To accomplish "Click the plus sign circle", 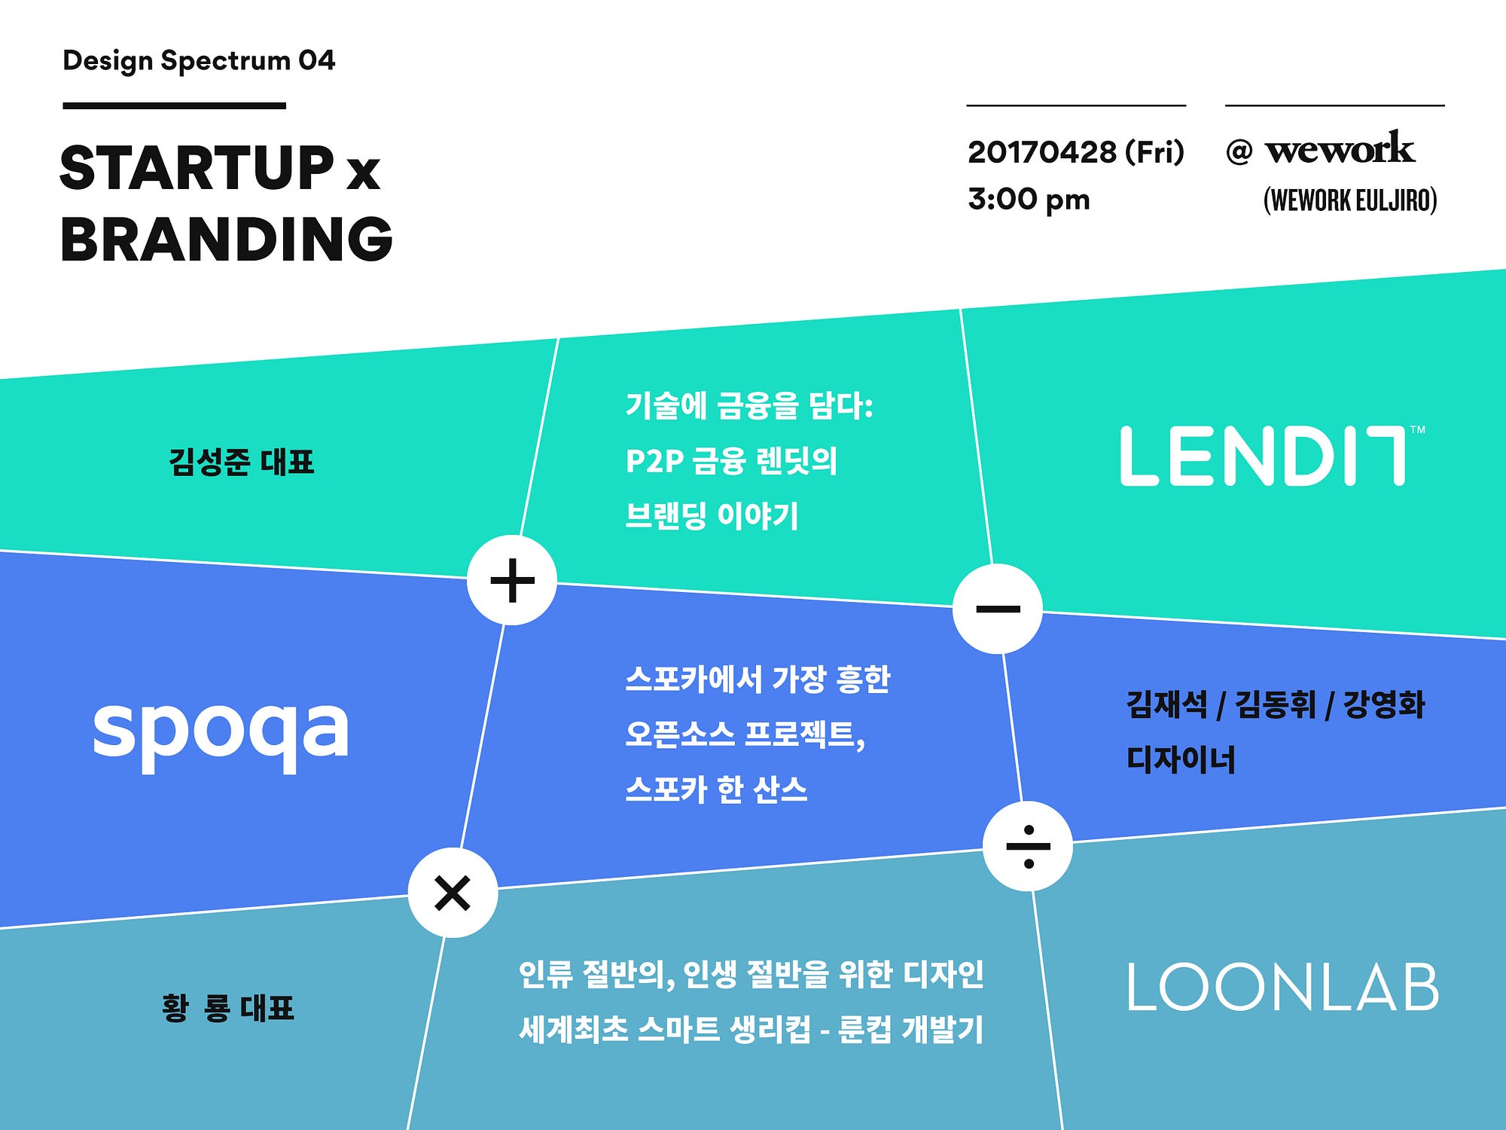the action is (512, 580).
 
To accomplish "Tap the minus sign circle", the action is (998, 609).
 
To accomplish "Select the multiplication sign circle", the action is (453, 893).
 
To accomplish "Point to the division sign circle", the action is (1028, 846).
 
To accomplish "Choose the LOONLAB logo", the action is (1282, 986).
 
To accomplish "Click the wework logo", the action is (1340, 147).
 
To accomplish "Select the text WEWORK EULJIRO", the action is (1350, 200).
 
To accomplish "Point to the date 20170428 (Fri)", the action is (1076, 152).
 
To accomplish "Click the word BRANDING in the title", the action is (227, 239).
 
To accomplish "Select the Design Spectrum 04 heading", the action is (199, 61).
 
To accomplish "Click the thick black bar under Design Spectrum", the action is (174, 105).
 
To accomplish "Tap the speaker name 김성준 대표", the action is (241, 462).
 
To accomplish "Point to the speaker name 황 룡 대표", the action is (227, 1008).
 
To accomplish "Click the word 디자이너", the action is (1181, 759).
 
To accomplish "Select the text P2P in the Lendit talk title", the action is (654, 461).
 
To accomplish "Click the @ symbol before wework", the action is (1239, 152).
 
